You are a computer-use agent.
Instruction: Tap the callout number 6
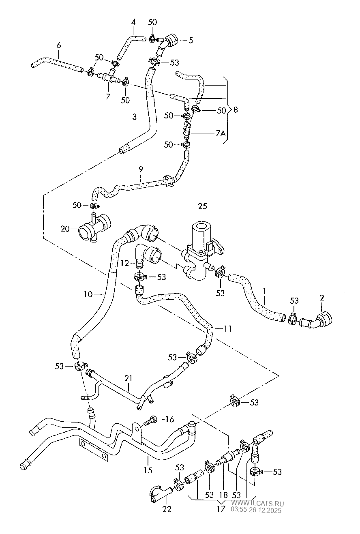[59, 45]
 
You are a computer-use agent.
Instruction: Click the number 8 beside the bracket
[236, 109]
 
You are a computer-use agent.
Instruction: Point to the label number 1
[264, 290]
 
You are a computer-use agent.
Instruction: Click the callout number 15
[148, 470]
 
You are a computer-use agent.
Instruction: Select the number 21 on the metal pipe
[129, 378]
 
